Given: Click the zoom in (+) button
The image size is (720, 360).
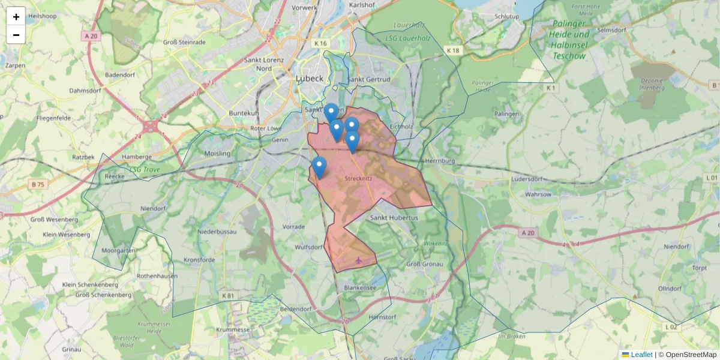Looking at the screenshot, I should (16, 16).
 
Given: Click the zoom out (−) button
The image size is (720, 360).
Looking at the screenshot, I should (16, 34).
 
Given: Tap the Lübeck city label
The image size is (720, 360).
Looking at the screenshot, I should (310, 79).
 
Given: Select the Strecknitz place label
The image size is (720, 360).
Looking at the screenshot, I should (360, 178).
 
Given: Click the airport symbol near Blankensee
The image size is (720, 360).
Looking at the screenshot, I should (359, 260).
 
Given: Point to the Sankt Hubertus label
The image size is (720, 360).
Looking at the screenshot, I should (394, 218).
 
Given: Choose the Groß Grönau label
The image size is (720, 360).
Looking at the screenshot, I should (425, 265).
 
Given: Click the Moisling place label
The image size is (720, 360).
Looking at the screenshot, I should (217, 154).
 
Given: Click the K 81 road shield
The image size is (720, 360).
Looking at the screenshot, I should (227, 296).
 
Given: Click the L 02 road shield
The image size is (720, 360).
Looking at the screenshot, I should (671, 326).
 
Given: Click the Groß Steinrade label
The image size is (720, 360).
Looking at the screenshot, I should (184, 43).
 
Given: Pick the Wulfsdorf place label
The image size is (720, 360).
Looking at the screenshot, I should (309, 247).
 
